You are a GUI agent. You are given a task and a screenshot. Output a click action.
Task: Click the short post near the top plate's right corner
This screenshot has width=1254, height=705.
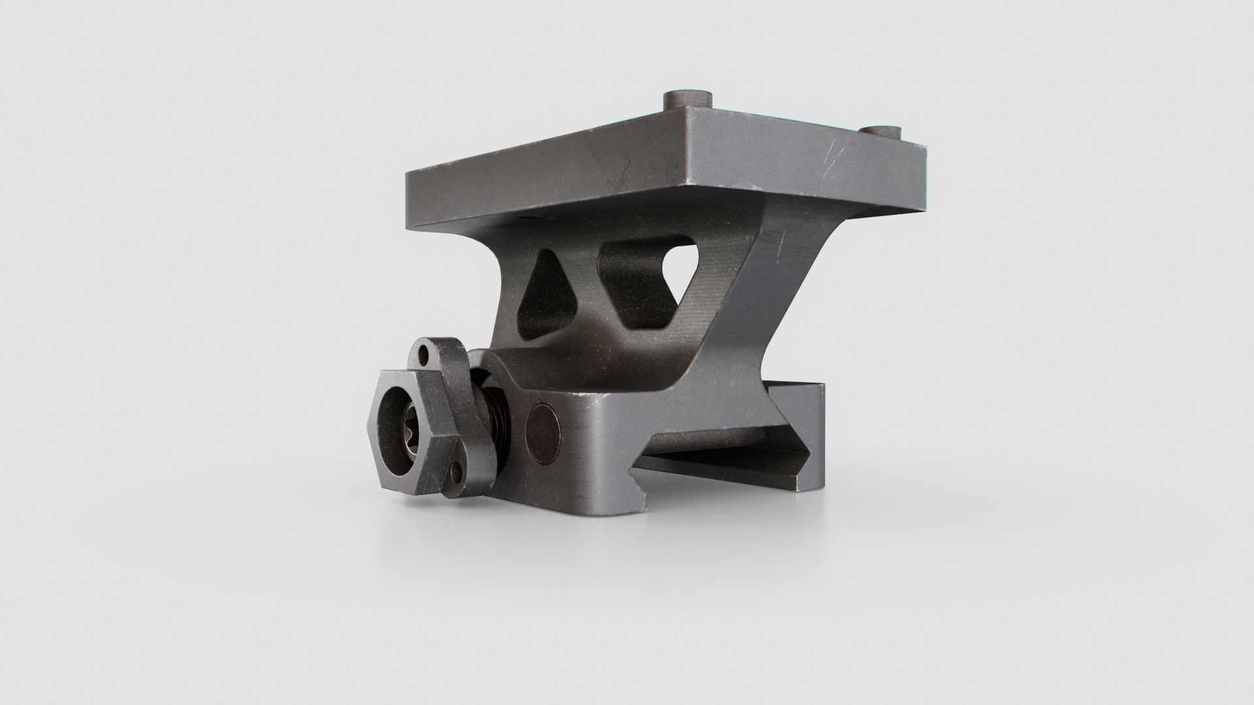[x=877, y=134]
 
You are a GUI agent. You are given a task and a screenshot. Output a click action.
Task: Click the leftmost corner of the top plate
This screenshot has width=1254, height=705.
[x=407, y=172]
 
